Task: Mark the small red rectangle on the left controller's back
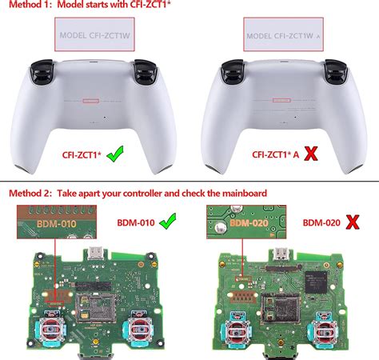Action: [x=92, y=102]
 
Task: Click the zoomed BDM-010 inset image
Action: [x=54, y=225]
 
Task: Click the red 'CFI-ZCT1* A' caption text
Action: [x=283, y=154]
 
